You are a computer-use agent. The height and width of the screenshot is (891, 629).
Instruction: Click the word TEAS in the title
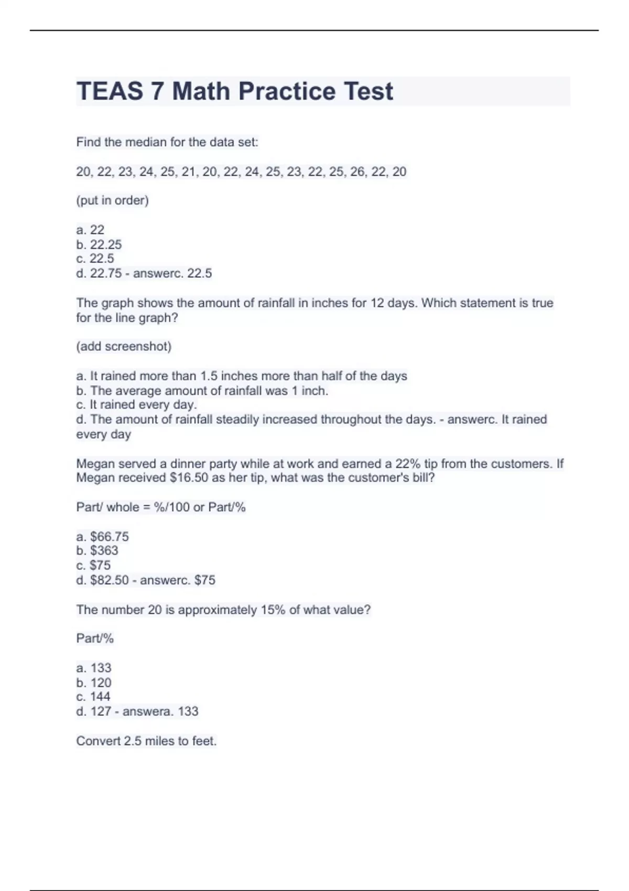coord(110,91)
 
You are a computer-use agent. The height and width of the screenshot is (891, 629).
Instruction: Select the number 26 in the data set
coord(357,172)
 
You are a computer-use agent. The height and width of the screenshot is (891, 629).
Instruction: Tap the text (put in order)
coord(112,201)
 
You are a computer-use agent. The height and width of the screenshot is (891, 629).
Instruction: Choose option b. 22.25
coord(99,244)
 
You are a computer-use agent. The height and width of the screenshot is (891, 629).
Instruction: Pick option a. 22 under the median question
coord(90,230)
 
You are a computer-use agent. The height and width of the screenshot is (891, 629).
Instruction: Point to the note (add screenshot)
coord(124,346)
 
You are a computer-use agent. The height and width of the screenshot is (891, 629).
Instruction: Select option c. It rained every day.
coord(136,405)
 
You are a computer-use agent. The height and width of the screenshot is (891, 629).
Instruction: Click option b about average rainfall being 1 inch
coord(202,390)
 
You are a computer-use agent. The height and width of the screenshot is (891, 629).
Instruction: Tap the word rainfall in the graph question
coord(273,303)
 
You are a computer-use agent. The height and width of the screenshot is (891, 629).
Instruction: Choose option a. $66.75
coord(102,537)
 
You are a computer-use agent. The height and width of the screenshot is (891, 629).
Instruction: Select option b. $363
coord(97,550)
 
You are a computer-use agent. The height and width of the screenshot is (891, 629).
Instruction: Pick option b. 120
coord(94,682)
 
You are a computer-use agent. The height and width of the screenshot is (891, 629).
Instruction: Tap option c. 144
coord(93,697)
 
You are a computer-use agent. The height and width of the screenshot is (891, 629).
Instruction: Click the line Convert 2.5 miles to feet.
coord(146,741)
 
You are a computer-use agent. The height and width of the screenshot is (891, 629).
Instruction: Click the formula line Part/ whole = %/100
coord(161,507)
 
